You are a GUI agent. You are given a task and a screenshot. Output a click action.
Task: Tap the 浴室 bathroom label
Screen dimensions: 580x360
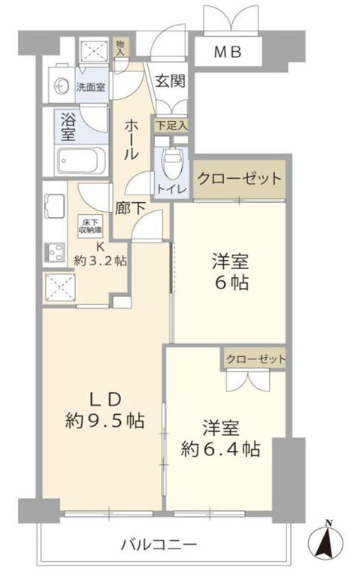67,127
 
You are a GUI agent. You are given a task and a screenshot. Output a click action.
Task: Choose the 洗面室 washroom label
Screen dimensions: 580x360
92,86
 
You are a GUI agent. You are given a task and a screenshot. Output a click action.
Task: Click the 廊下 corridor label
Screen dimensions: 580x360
131,210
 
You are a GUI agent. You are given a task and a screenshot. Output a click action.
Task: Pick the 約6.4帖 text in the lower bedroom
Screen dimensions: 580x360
221,449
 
